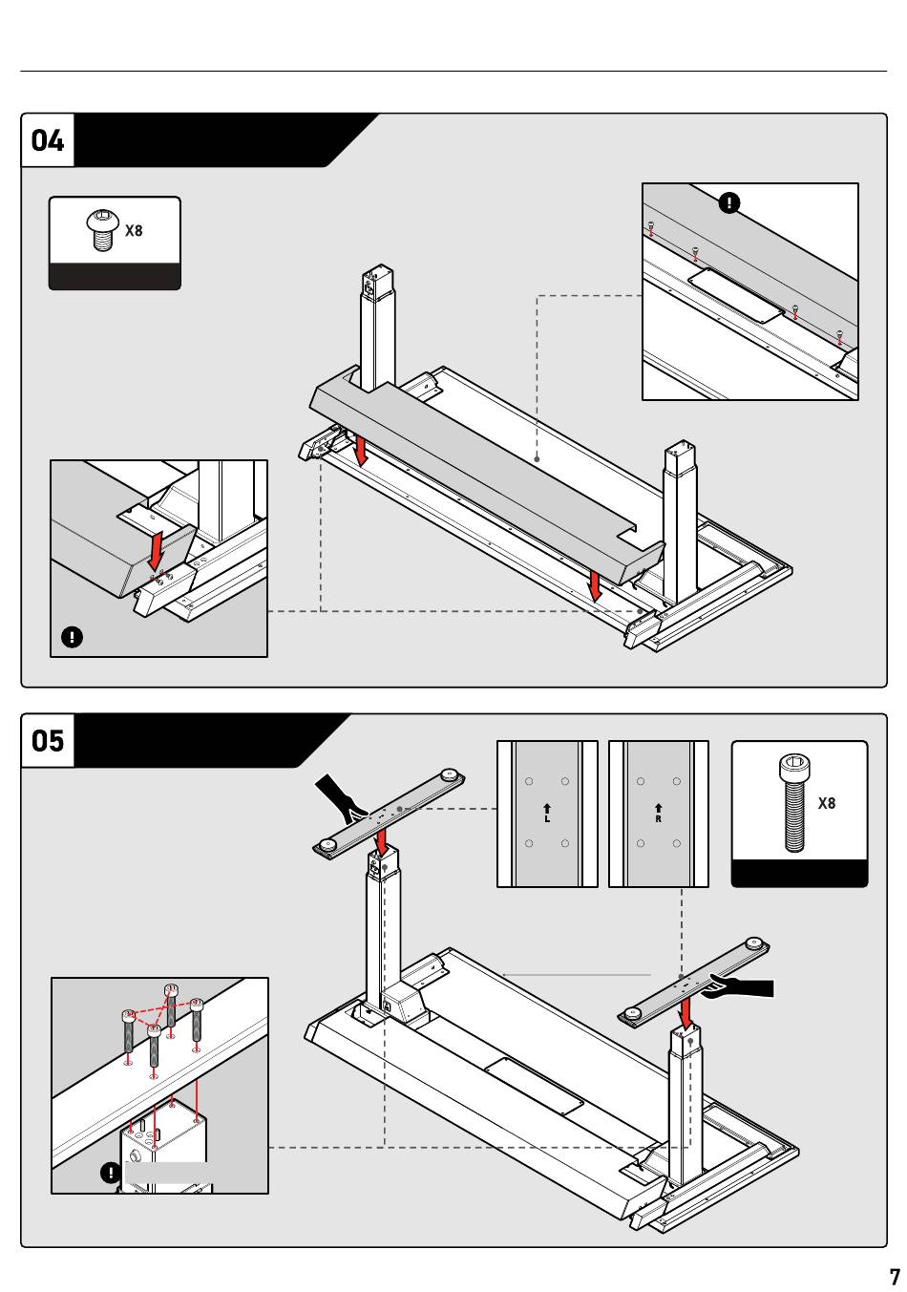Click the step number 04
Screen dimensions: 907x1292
(x=48, y=140)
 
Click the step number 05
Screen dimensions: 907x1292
(x=48, y=741)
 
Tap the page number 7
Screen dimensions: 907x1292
(x=895, y=1277)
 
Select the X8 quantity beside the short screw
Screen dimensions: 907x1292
(x=134, y=231)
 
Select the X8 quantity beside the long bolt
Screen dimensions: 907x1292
(x=826, y=803)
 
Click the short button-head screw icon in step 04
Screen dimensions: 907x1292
(x=103, y=230)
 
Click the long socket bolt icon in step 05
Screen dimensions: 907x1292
(x=794, y=803)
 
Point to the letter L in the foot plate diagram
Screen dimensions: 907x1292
(x=547, y=818)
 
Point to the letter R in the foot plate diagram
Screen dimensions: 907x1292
(x=659, y=818)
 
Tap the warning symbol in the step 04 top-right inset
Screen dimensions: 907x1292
(x=729, y=203)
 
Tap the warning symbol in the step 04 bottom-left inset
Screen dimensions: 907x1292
(x=72, y=637)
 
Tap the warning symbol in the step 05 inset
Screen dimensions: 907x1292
(x=111, y=1173)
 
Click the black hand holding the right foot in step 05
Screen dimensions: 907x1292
(x=741, y=985)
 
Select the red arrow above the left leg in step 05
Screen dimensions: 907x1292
(x=381, y=842)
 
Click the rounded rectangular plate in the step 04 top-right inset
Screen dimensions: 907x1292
(x=736, y=296)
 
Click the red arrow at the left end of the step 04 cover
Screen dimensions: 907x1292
(x=360, y=451)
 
